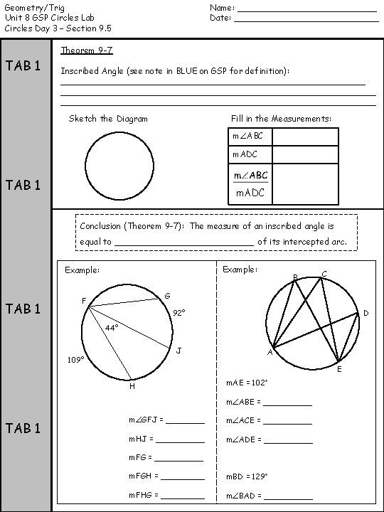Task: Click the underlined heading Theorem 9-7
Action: click(x=87, y=50)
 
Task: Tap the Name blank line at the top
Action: click(x=306, y=9)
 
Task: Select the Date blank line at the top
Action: click(x=306, y=19)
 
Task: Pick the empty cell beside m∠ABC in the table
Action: click(x=305, y=137)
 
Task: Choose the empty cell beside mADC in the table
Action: click(x=305, y=154)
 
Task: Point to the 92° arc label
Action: click(x=178, y=312)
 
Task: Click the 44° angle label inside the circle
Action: click(x=112, y=328)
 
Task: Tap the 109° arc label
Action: click(x=75, y=360)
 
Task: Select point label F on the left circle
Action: click(x=84, y=301)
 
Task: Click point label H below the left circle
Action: click(x=132, y=386)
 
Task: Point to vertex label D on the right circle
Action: click(x=366, y=313)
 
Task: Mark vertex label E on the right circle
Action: click(x=339, y=370)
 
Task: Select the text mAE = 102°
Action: click(x=247, y=383)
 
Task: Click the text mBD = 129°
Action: click(x=247, y=476)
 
